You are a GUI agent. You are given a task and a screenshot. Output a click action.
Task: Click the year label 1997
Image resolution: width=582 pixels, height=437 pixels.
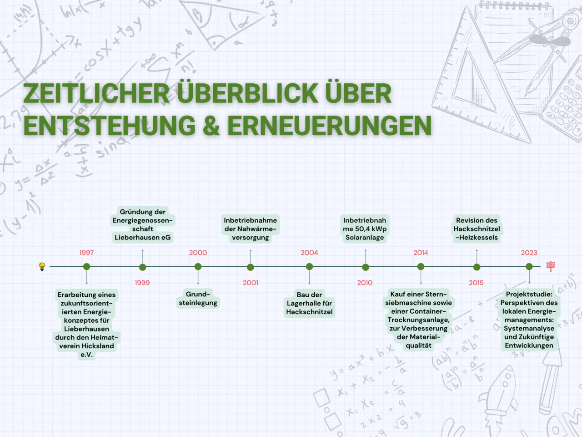click(86, 253)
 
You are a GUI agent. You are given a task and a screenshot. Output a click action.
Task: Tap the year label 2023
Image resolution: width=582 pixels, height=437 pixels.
click(529, 253)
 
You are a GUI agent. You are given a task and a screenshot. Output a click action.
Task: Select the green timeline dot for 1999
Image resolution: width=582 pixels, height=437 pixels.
click(143, 267)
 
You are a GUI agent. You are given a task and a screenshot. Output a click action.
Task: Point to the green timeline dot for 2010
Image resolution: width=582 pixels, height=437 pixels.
click(366, 267)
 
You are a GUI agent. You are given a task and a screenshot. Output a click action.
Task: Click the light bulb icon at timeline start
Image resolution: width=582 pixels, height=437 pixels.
click(42, 266)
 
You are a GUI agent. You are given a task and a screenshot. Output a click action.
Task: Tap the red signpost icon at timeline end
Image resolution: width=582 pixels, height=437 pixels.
click(550, 266)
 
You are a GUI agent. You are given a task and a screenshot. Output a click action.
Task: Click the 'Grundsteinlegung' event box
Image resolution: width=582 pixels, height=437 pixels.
click(198, 299)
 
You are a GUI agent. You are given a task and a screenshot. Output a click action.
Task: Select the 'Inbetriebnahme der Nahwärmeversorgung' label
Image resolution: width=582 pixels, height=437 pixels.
click(250, 229)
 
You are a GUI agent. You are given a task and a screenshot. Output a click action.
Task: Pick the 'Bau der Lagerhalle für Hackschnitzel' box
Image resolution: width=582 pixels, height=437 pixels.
click(309, 303)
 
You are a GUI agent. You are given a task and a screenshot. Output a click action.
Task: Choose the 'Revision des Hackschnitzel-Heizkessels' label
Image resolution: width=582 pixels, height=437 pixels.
click(477, 229)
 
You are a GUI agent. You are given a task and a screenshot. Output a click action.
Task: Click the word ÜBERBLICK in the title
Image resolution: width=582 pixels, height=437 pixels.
click(248, 93)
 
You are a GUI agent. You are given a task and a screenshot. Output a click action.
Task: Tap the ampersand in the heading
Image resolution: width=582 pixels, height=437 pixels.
click(211, 125)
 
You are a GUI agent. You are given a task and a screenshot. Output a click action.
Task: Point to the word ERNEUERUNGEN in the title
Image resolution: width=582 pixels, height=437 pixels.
click(329, 125)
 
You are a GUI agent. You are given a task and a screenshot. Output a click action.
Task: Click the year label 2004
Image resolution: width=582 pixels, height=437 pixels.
click(309, 253)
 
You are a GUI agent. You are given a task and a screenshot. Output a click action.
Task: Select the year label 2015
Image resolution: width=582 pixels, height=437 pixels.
click(476, 283)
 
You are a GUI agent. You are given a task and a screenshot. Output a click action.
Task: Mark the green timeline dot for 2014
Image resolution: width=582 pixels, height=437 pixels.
click(421, 267)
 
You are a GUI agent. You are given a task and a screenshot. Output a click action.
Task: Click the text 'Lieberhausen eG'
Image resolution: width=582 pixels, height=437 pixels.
click(143, 238)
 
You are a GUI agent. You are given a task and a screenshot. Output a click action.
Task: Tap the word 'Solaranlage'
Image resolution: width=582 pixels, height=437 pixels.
click(365, 238)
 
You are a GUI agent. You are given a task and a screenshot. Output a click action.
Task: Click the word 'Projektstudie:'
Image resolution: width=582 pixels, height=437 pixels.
click(529, 295)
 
